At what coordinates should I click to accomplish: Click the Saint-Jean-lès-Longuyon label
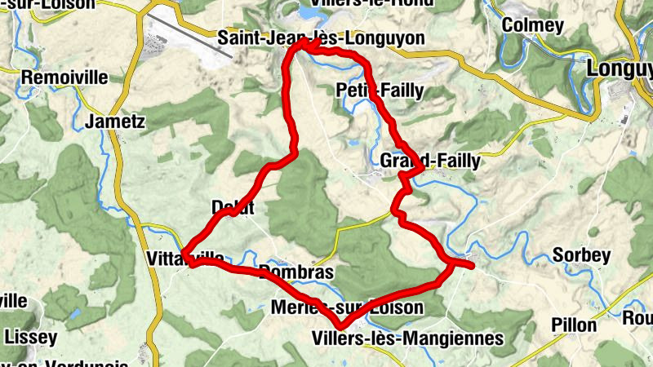click(x=322, y=38)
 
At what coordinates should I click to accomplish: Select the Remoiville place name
click(x=65, y=77)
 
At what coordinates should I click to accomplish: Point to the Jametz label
click(x=114, y=122)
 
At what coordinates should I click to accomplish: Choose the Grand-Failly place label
click(x=430, y=161)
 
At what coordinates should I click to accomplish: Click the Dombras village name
click(x=295, y=272)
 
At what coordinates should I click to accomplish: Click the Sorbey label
click(x=582, y=255)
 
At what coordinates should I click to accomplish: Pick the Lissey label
click(x=31, y=336)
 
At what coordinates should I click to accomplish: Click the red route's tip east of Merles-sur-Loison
click(x=472, y=264)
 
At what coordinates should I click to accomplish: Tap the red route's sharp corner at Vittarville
click(x=184, y=255)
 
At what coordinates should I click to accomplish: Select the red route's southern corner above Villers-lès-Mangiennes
click(x=340, y=326)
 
